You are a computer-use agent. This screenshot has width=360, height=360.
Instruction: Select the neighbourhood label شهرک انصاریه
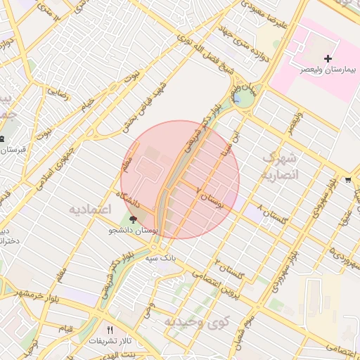tap(280, 166)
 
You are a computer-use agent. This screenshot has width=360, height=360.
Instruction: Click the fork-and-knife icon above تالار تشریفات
tap(109, 330)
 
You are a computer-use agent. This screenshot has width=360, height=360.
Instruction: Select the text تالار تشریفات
tap(108, 340)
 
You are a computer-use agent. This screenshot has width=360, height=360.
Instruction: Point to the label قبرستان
tap(13, 150)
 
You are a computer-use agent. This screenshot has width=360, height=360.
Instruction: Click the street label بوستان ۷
tap(210, 200)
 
